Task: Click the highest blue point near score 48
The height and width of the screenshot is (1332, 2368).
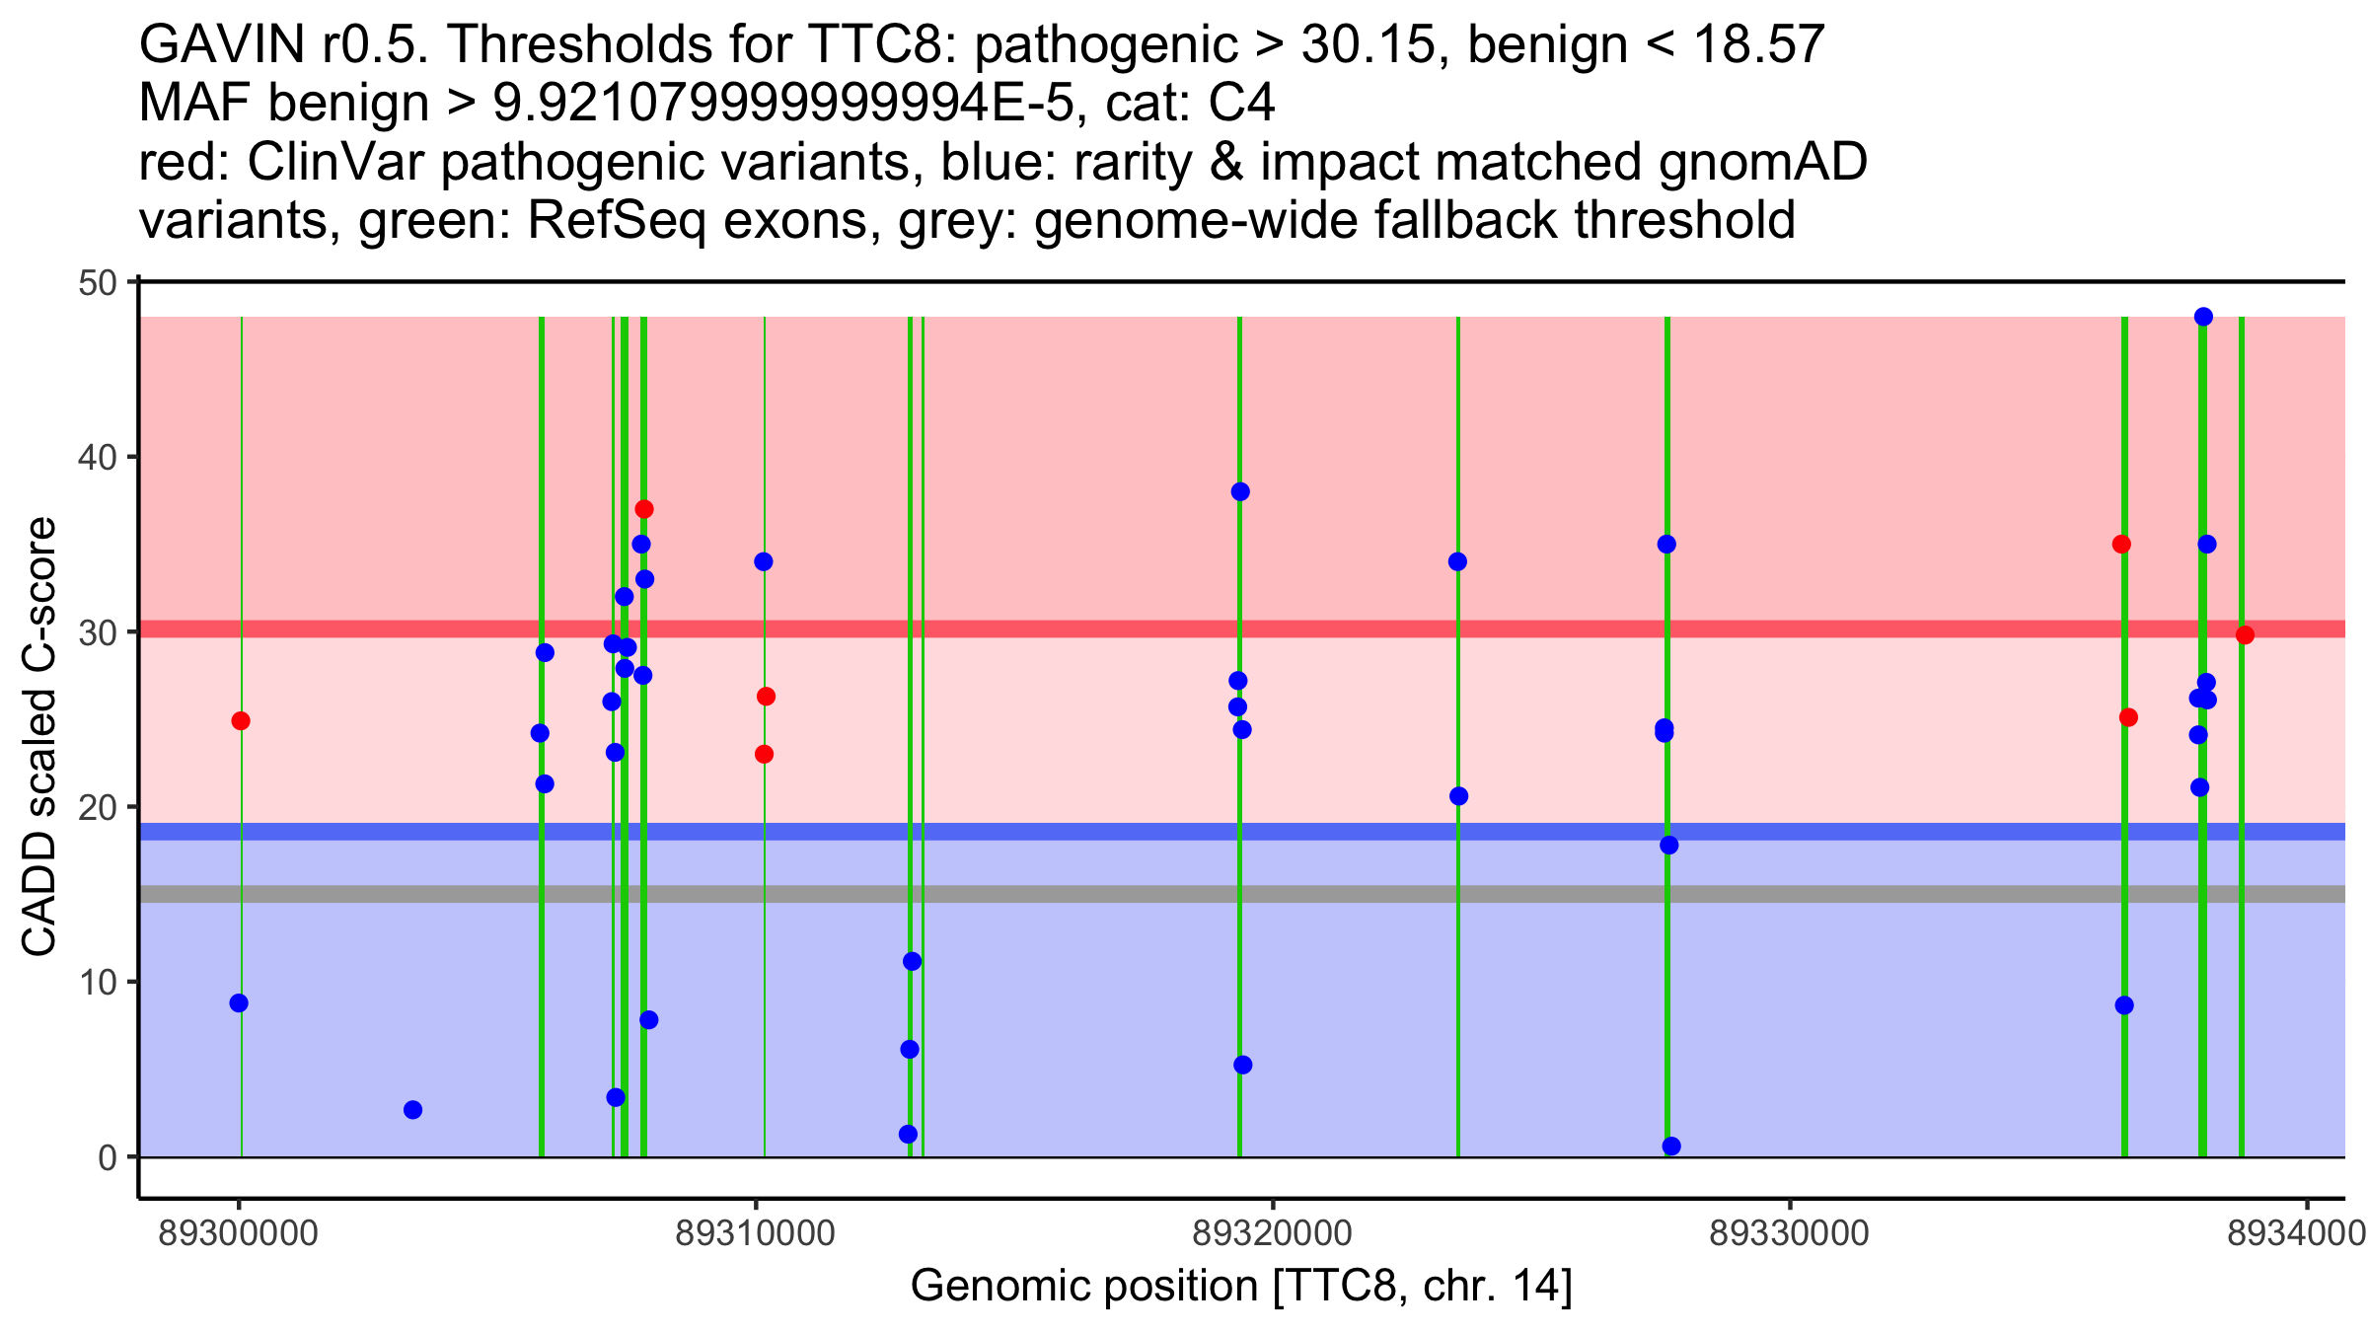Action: click(2203, 317)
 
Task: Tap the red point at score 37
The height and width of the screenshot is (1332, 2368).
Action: click(644, 509)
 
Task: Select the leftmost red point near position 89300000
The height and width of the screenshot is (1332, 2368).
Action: click(241, 721)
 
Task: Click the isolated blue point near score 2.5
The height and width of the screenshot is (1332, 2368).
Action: click(413, 1110)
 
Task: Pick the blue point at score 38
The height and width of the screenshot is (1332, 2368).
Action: click(1240, 492)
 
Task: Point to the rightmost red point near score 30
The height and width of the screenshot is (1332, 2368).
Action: click(2245, 635)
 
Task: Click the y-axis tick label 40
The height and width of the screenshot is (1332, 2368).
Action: click(97, 458)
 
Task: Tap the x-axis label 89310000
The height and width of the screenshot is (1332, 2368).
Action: click(755, 1233)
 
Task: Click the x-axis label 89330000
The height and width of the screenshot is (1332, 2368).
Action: click(1789, 1233)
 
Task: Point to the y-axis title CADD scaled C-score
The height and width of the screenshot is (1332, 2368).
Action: click(39, 738)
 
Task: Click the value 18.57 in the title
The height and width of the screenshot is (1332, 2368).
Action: click(1754, 45)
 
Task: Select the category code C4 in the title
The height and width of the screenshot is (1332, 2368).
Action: click(1241, 104)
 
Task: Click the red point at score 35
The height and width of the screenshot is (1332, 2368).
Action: click(2121, 545)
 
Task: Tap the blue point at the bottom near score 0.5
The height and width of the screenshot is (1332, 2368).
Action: click(1671, 1147)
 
